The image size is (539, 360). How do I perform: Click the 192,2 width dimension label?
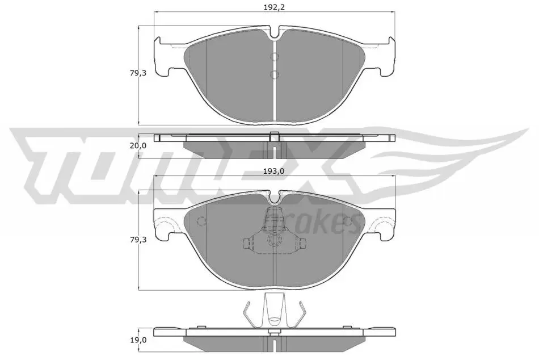coord(274,7)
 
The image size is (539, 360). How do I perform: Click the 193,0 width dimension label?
coord(274,171)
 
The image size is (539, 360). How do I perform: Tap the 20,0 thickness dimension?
coord(138,145)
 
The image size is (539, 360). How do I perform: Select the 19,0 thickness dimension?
coord(138,340)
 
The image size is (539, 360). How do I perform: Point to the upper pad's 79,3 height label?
coord(138,73)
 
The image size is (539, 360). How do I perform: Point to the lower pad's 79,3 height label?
coord(138,240)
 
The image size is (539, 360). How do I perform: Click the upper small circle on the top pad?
coord(274,57)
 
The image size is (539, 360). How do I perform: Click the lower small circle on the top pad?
coord(274,74)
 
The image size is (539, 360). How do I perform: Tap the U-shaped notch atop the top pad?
coord(274,33)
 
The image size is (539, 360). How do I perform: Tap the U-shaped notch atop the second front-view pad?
coord(274,198)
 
